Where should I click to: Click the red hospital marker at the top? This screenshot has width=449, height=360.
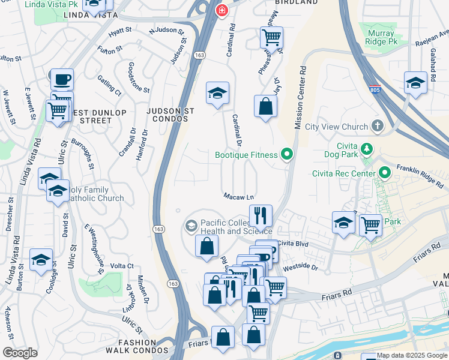(x=222, y=10)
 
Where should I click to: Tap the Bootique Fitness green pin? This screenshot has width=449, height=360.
(x=287, y=155)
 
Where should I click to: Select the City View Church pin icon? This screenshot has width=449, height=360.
(x=377, y=126)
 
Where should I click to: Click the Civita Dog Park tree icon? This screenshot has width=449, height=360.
(x=367, y=149)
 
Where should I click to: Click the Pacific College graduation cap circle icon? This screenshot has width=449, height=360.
(x=191, y=226)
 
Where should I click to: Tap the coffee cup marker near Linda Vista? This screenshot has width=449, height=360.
(x=61, y=79)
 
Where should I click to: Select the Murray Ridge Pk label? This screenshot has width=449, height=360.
(x=381, y=37)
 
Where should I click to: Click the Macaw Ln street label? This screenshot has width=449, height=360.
(x=238, y=196)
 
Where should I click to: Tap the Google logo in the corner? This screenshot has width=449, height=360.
(x=20, y=353)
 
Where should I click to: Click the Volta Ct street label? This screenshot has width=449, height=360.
(x=122, y=266)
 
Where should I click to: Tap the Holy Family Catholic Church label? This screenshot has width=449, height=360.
(x=95, y=194)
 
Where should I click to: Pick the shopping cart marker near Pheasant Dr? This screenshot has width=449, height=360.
(x=271, y=37)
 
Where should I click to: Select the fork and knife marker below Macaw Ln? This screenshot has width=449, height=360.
(x=261, y=215)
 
